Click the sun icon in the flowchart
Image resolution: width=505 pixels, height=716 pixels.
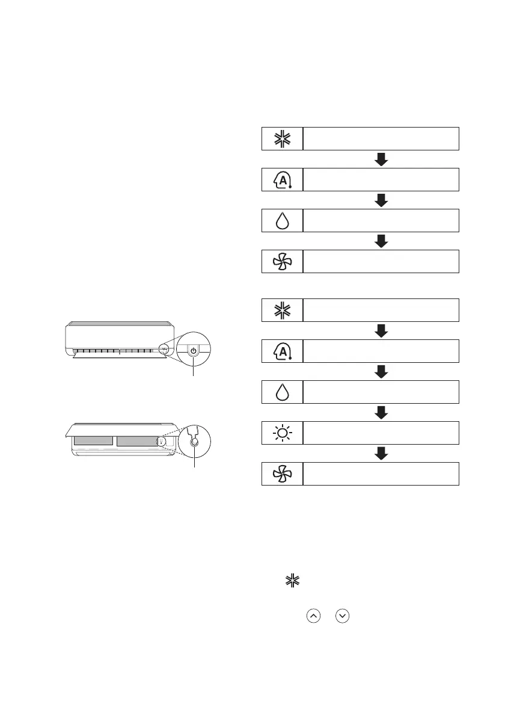[x=283, y=433]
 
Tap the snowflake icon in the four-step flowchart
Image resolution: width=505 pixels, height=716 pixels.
[x=283, y=138]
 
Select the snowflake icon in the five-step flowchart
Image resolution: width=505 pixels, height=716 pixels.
[x=283, y=310]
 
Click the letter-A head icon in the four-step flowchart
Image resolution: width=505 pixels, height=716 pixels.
[x=283, y=179]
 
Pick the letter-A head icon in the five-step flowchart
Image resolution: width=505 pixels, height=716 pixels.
[x=283, y=351]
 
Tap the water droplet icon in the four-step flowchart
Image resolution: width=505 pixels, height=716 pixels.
[x=283, y=220]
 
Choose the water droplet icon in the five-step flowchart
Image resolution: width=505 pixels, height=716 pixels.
[x=283, y=392]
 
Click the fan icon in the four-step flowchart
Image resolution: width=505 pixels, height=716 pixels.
[x=283, y=261]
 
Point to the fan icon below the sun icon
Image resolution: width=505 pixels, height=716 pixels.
[x=283, y=474]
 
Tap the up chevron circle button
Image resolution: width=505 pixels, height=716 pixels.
[x=312, y=617]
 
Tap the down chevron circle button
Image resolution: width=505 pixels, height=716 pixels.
[x=341, y=617]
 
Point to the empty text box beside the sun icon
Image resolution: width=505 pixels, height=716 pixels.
[x=381, y=433]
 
